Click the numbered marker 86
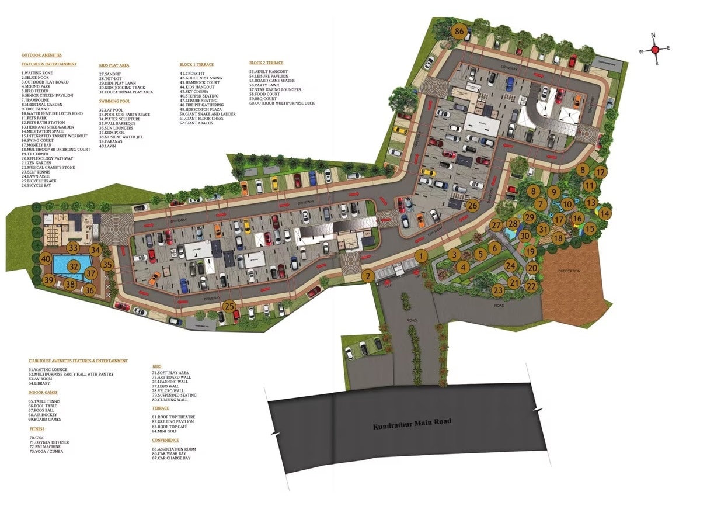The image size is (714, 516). pyautogui.click(x=461, y=32)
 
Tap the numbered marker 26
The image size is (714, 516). pyautogui.click(x=472, y=205)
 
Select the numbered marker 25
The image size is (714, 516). pyautogui.click(x=229, y=306)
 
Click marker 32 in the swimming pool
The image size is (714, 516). pyautogui.click(x=73, y=266)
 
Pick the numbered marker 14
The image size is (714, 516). pyautogui.click(x=605, y=214)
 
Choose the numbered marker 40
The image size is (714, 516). pyautogui.click(x=46, y=258)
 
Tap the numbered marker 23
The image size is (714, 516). pyautogui.click(x=498, y=290)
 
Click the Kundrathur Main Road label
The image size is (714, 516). pyautogui.click(x=412, y=424)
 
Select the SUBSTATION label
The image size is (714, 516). pyautogui.click(x=569, y=271)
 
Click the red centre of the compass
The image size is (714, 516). pyautogui.click(x=655, y=50)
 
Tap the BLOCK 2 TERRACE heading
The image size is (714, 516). pyautogui.click(x=266, y=63)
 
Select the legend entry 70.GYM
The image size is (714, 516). pyautogui.click(x=36, y=438)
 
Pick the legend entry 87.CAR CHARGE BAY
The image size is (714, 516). pyautogui.click(x=171, y=458)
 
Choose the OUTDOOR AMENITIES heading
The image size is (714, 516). pyautogui.click(x=41, y=55)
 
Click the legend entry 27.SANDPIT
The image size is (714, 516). pyautogui.click(x=111, y=74)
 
